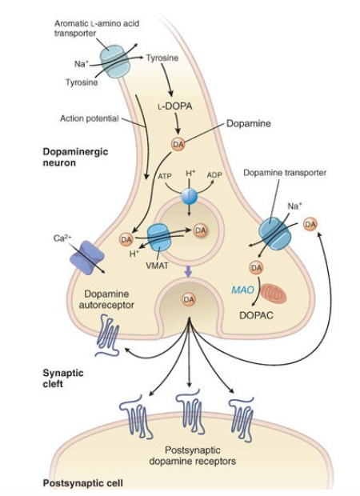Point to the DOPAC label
[256, 315]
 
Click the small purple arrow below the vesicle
[188, 272]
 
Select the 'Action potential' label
[89, 118]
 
